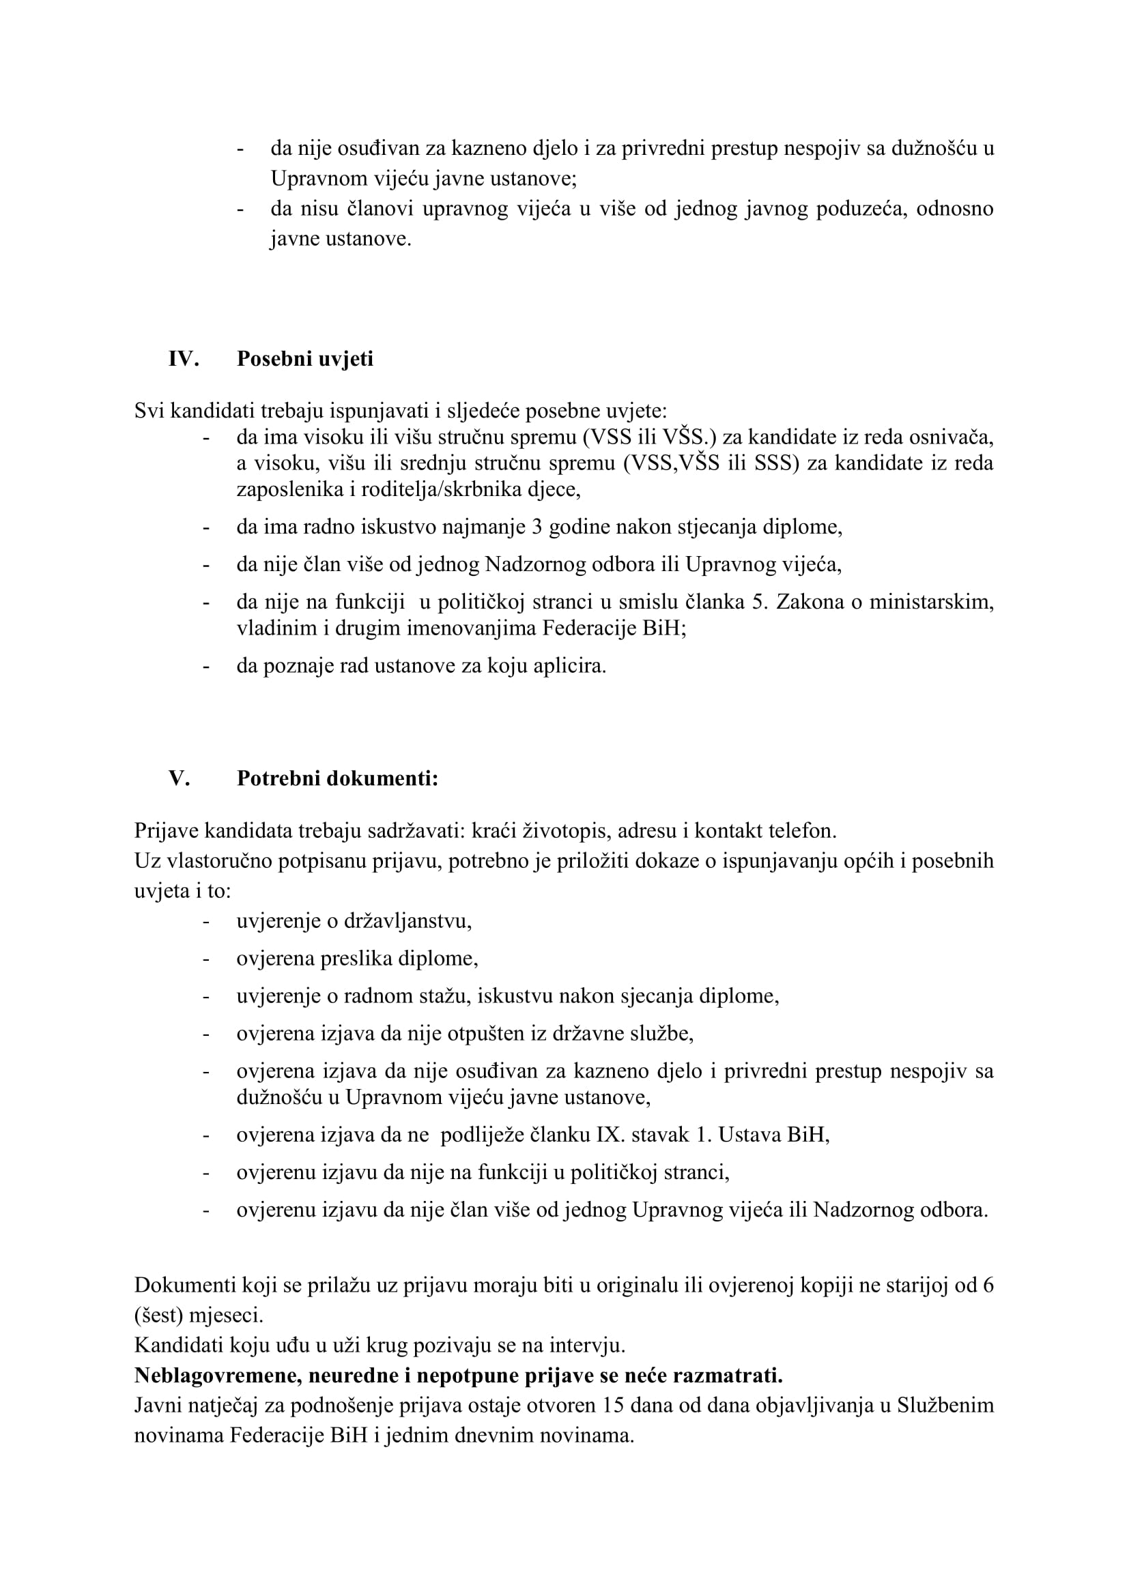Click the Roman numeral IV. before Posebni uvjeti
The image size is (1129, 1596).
click(184, 359)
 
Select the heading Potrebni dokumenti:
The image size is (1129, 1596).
click(337, 778)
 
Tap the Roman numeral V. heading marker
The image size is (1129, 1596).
click(180, 778)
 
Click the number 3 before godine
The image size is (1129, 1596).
click(537, 527)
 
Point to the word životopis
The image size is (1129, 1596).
click(558, 830)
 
